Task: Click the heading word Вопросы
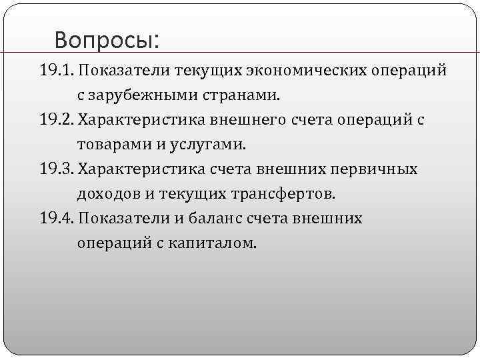click(x=107, y=40)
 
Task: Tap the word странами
click(x=241, y=95)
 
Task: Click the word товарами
click(x=110, y=145)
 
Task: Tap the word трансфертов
click(x=289, y=194)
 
